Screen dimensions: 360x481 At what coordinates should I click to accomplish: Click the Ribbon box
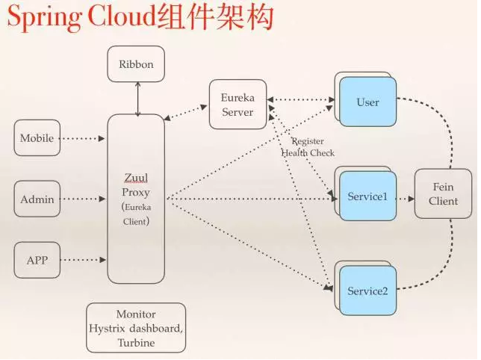coord(136,64)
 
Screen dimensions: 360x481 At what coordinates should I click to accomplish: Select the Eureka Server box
coord(238,105)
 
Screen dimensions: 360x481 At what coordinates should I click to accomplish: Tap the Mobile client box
coord(37,138)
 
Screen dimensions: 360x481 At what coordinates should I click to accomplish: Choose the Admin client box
coord(37,199)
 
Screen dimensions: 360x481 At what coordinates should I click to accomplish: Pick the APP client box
coord(37,261)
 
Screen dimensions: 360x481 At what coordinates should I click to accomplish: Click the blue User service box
coord(367,102)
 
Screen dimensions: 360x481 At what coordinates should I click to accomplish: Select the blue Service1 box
coord(367,197)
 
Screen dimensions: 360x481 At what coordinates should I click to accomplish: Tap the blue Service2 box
coord(367,291)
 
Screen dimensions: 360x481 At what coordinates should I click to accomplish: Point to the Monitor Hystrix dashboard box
coord(136,328)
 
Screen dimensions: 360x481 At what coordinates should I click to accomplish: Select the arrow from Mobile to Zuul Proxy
coord(84,138)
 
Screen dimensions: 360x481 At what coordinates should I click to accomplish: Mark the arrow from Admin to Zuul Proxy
coord(84,199)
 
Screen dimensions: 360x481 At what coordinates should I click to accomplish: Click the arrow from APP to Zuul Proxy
coord(84,260)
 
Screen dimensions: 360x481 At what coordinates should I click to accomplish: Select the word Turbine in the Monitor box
coord(136,342)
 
